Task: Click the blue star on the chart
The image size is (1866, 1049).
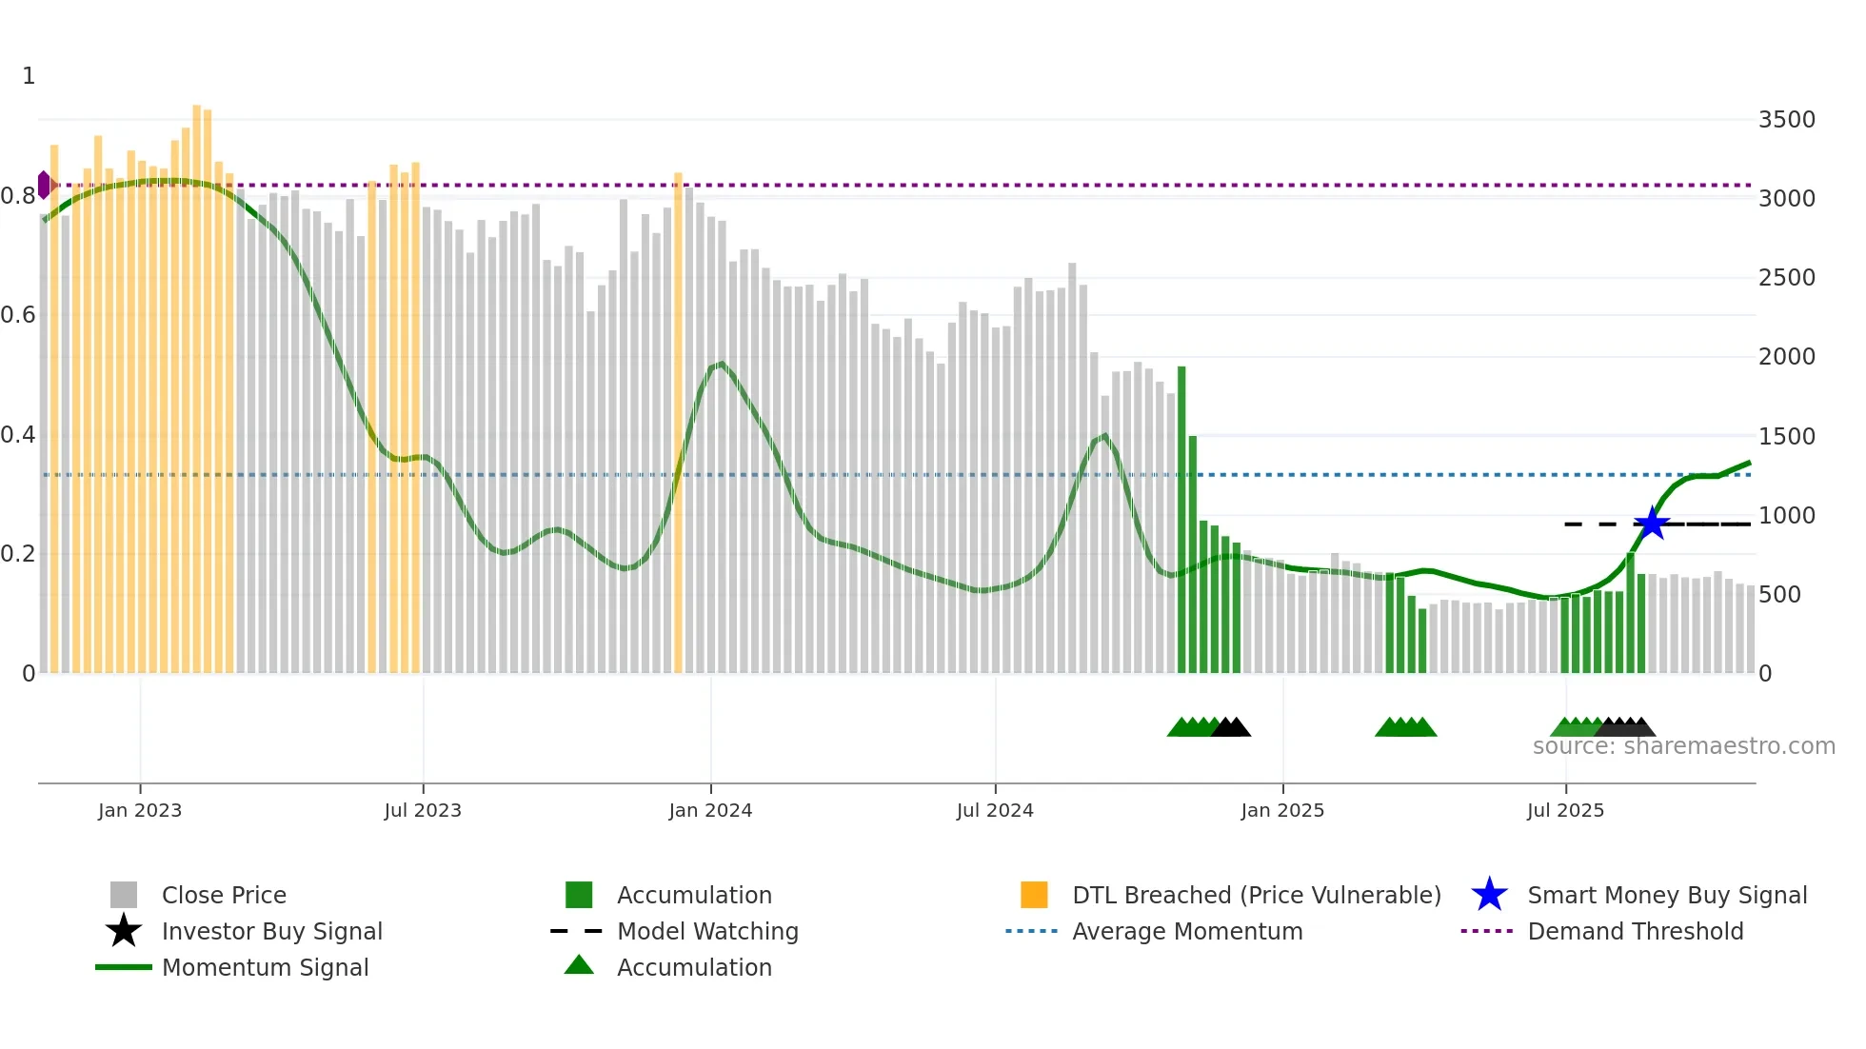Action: [1652, 524]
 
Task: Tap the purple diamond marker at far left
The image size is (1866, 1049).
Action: [44, 185]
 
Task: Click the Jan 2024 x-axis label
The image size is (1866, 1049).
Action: [710, 810]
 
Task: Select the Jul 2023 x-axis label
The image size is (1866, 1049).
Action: [423, 810]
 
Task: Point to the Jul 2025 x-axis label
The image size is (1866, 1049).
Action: [1565, 810]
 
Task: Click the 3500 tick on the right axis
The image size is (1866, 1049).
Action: [1786, 120]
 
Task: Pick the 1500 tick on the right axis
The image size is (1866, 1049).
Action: [1786, 437]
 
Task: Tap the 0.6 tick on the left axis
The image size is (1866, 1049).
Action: [17, 315]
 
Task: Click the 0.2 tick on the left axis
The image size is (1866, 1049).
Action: [17, 554]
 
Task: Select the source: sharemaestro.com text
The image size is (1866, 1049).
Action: [1683, 746]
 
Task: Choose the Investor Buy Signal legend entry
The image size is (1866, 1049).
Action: [271, 932]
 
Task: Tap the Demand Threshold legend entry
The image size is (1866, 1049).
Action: [1635, 932]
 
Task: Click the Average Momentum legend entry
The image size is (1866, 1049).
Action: [1186, 932]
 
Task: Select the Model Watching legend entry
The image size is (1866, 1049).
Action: [707, 932]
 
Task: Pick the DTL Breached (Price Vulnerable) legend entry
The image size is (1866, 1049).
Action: [1256, 896]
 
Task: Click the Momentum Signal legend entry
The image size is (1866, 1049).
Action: [265, 968]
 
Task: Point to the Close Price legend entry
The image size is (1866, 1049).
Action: [224, 896]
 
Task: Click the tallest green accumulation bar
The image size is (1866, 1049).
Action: [1181, 519]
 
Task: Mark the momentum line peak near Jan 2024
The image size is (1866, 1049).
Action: [722, 364]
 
